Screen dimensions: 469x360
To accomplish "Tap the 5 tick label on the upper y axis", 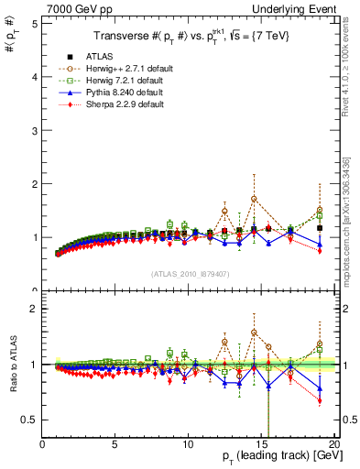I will click(33, 24).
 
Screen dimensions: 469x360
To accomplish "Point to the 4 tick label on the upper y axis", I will click(33, 77).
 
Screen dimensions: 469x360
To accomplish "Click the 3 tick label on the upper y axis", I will click(33, 131).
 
